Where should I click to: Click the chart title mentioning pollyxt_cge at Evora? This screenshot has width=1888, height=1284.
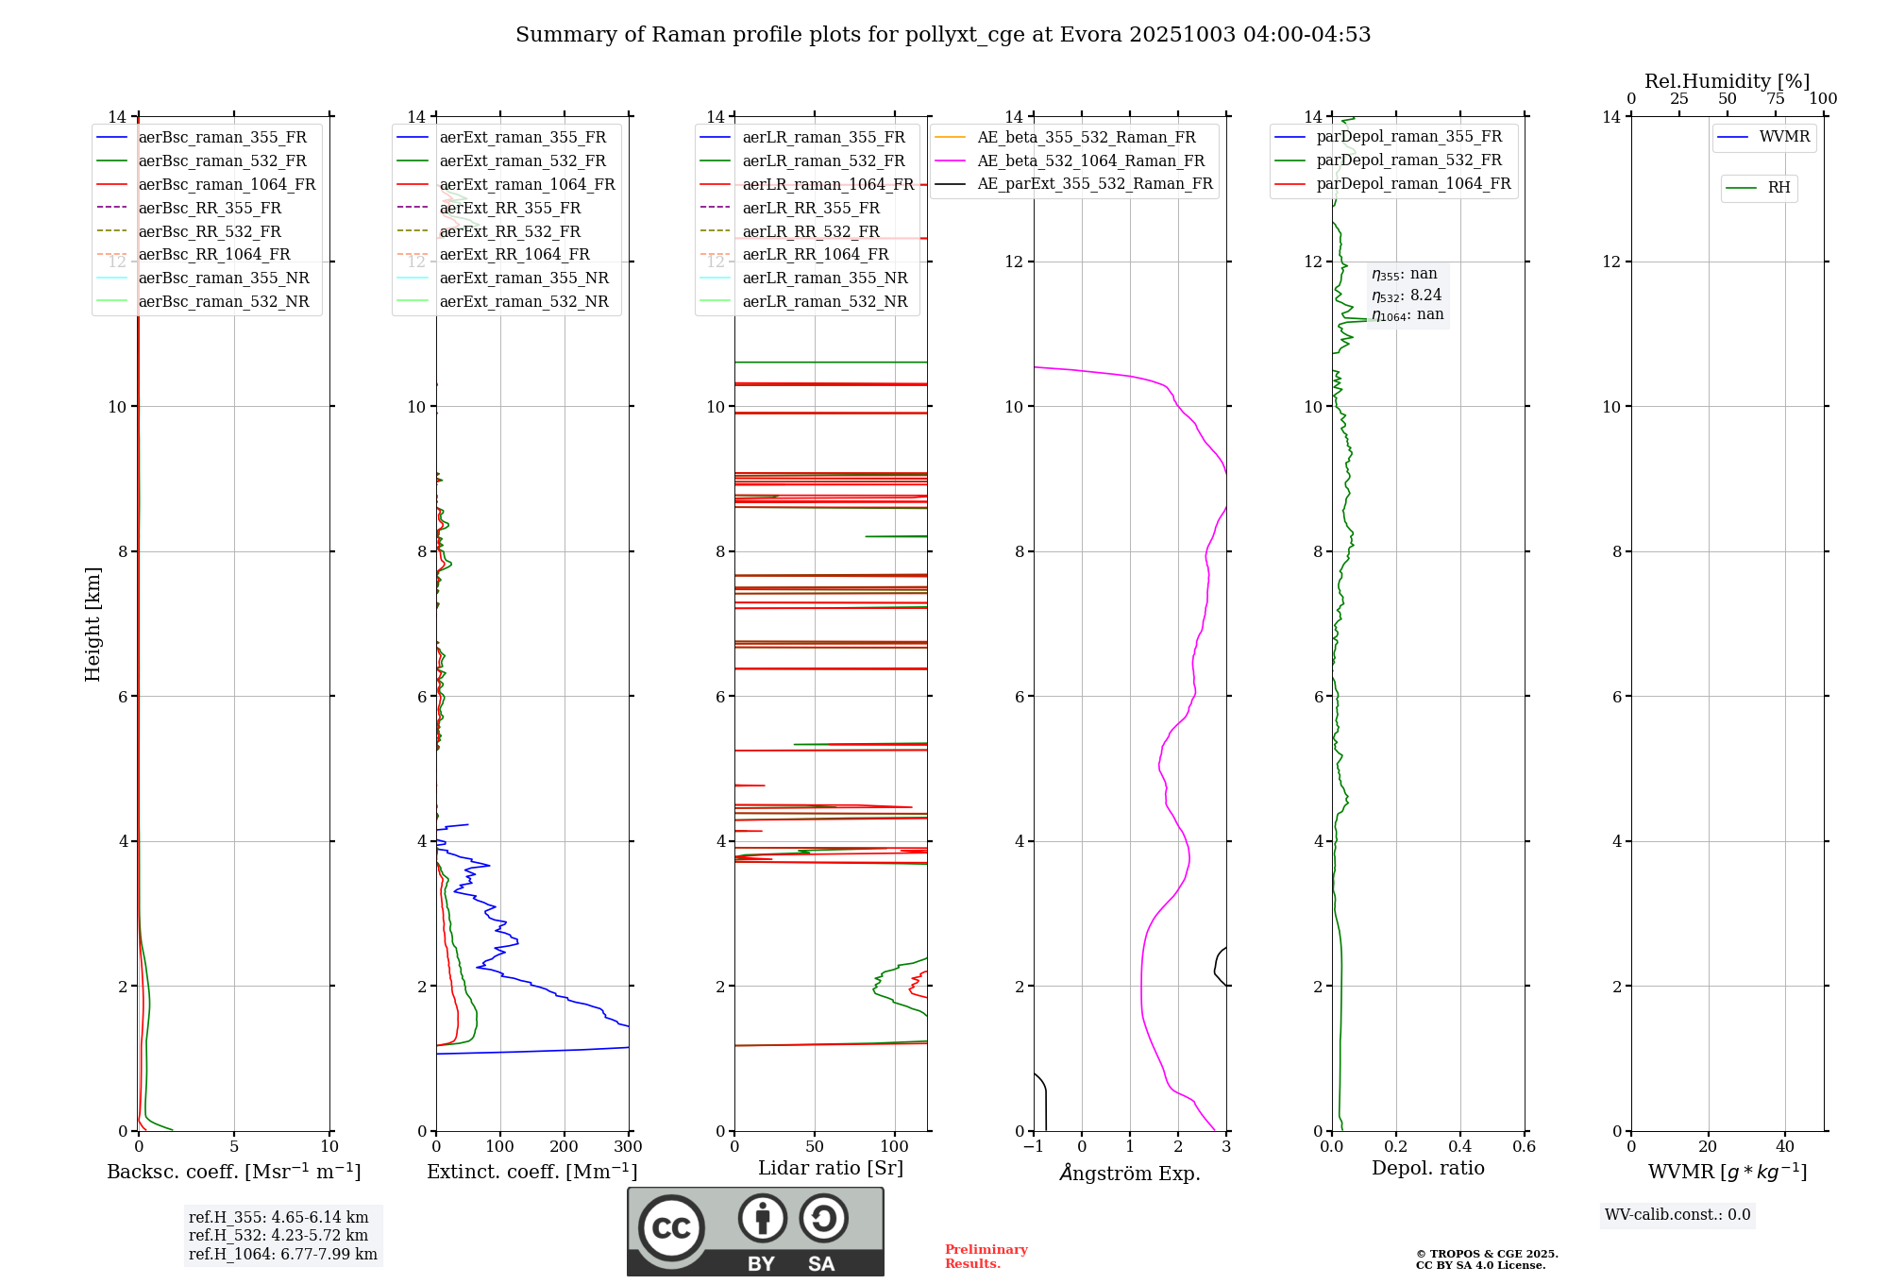(943, 35)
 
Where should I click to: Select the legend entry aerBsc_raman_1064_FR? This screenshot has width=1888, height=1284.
(227, 184)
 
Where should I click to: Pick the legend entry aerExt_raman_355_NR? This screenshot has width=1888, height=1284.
(524, 278)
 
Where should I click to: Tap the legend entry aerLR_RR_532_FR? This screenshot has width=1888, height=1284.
(811, 231)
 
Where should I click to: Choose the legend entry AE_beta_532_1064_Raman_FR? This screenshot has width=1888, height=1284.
(1090, 160)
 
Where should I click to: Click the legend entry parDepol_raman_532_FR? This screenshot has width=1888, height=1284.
(1408, 160)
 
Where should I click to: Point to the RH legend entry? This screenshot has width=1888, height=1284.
(1778, 188)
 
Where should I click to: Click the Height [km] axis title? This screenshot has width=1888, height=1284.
(93, 623)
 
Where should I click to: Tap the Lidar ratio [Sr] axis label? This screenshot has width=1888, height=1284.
(831, 1168)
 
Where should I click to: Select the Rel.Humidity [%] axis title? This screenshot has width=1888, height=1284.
(1727, 81)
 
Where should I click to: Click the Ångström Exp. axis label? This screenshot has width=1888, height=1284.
(1130, 1173)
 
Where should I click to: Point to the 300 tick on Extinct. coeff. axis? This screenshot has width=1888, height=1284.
(629, 1147)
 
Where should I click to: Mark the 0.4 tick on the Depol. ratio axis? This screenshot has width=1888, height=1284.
(1460, 1147)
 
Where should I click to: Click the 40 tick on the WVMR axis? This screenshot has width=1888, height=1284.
(1785, 1147)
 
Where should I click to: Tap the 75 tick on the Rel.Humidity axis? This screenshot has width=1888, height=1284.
(1775, 99)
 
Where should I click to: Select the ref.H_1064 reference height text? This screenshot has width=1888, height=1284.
(282, 1254)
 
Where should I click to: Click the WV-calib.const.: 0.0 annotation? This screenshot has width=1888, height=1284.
(1677, 1215)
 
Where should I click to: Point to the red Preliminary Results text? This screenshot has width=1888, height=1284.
(986, 1257)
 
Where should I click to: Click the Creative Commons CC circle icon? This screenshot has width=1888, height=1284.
(671, 1228)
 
